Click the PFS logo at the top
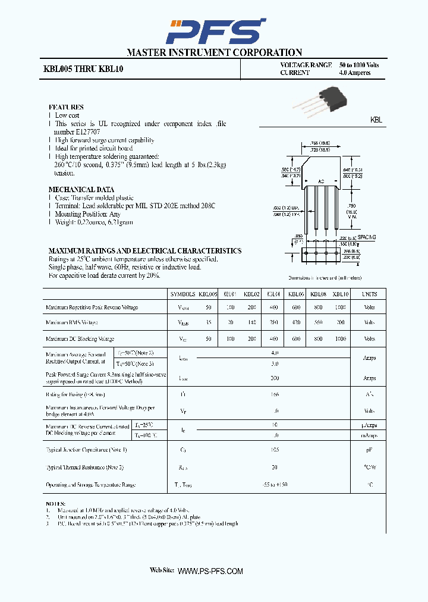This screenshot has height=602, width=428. (215, 31)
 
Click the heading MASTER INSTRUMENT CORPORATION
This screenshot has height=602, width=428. (214, 53)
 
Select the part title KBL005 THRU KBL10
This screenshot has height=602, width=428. (83, 69)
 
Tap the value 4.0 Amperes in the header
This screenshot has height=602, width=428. (355, 73)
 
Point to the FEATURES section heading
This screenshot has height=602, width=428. (66, 107)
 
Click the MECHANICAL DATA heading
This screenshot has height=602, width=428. (81, 190)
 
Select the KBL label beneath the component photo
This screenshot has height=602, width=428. (376, 120)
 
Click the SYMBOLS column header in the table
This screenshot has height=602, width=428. (182, 294)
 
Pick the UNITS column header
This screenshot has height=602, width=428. (369, 294)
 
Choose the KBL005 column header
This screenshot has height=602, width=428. (209, 294)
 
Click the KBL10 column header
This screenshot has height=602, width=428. (340, 294)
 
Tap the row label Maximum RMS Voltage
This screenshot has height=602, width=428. (71, 322)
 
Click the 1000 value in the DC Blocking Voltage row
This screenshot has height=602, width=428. (340, 338)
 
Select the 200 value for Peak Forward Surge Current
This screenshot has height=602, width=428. (274, 378)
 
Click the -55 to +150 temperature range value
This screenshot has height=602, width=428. (274, 485)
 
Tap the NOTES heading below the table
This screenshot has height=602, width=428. (55, 504)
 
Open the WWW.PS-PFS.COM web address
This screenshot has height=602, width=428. (210, 571)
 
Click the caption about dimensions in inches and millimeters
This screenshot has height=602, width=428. (325, 278)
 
